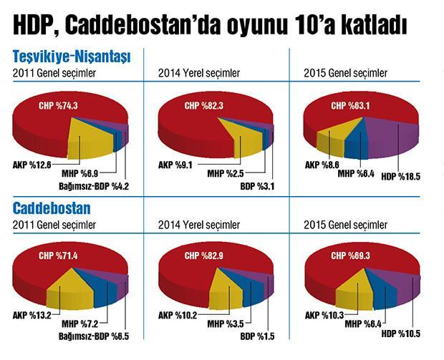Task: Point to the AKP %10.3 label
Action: [325, 314]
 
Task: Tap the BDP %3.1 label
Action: [257, 188]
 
